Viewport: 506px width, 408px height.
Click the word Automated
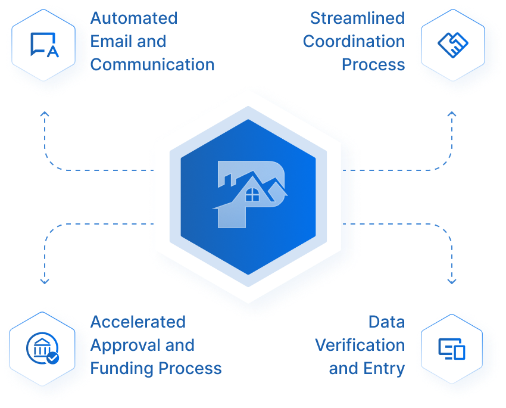(x=134, y=18)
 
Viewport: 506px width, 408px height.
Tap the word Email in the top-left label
(x=111, y=42)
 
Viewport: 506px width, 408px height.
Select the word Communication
(x=153, y=64)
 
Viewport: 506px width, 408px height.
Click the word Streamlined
(x=357, y=18)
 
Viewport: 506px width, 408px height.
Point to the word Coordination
(x=354, y=42)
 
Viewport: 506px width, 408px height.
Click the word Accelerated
(x=138, y=322)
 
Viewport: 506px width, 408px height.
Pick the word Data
(x=386, y=322)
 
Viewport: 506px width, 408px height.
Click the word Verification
(x=360, y=345)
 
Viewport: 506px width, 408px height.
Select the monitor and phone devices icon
(x=451, y=348)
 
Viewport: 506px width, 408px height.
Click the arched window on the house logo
(x=252, y=194)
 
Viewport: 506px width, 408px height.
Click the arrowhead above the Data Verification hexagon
(x=452, y=281)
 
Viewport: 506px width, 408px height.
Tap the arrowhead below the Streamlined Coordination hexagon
(x=452, y=114)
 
